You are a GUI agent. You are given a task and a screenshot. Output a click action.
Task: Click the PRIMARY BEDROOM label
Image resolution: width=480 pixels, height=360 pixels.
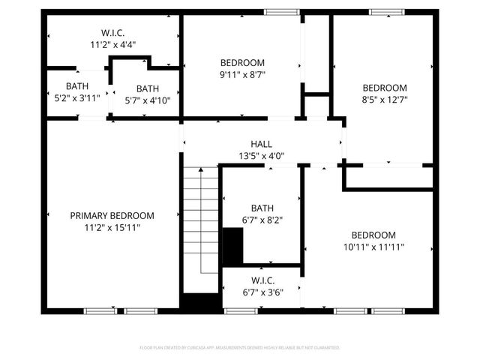tap(112, 215)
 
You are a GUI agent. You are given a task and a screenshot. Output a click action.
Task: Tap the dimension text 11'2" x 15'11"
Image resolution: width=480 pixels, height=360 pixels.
tap(112, 226)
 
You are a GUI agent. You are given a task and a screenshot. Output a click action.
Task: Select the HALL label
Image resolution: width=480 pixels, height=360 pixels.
tap(261, 144)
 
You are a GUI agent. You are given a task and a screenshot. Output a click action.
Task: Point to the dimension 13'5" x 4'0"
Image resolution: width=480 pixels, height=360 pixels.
tap(261, 156)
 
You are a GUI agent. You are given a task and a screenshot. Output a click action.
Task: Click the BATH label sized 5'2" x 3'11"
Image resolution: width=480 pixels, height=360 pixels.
tap(76, 87)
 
